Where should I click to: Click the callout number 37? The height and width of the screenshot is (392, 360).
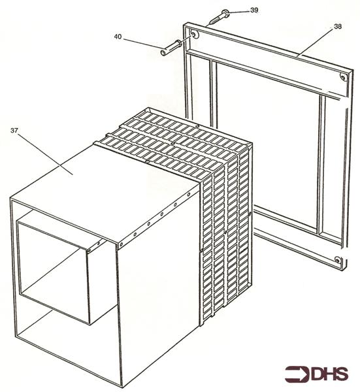coord(14,130)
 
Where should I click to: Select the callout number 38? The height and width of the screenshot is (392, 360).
coord(337,27)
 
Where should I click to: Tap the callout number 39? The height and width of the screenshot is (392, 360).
coord(254,10)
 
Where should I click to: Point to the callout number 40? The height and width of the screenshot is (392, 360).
coord(118,38)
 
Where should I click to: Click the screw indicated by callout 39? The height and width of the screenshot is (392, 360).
coord(219,17)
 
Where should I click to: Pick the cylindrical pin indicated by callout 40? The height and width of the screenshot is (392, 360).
coord(171,47)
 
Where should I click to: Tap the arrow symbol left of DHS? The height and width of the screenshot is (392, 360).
coord(297,374)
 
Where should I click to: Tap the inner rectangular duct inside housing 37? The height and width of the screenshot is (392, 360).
coord(52,268)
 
